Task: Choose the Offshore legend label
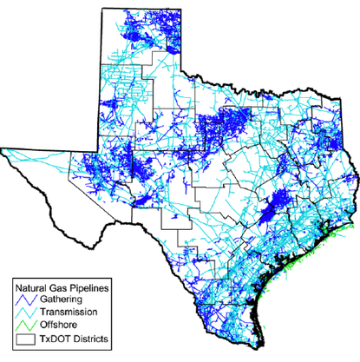pyautogui.click(x=60, y=324)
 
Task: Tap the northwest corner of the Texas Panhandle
pyautogui.click(x=101, y=7)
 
